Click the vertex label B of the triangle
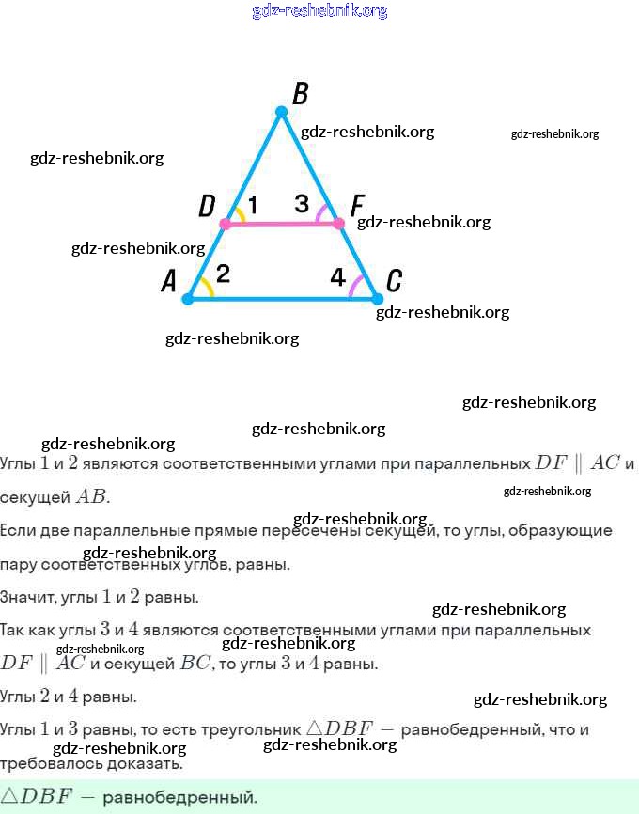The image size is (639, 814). pos(300,93)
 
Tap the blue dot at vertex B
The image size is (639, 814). pos(281,112)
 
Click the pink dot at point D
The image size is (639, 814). pos(225,224)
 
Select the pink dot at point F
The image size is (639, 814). pos(338,224)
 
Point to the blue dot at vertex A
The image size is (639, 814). pos(187,299)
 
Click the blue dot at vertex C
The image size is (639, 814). pos(377,299)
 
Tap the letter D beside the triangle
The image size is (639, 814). pos(207,206)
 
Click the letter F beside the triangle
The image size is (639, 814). pos(356,205)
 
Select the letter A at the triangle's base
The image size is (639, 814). pos(169,280)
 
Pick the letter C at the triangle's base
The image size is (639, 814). pos(395,280)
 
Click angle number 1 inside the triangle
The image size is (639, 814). pos(253,204)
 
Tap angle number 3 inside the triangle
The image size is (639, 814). pos(301,204)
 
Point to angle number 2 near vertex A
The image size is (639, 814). pos(223,274)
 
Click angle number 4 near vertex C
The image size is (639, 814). pos(337,276)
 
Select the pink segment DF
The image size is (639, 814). pos(282,224)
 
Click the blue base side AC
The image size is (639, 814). pos(282,299)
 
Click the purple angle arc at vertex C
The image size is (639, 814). pos(354,286)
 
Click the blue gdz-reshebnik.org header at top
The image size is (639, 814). pos(319,11)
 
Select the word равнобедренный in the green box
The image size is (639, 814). pos(179,797)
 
